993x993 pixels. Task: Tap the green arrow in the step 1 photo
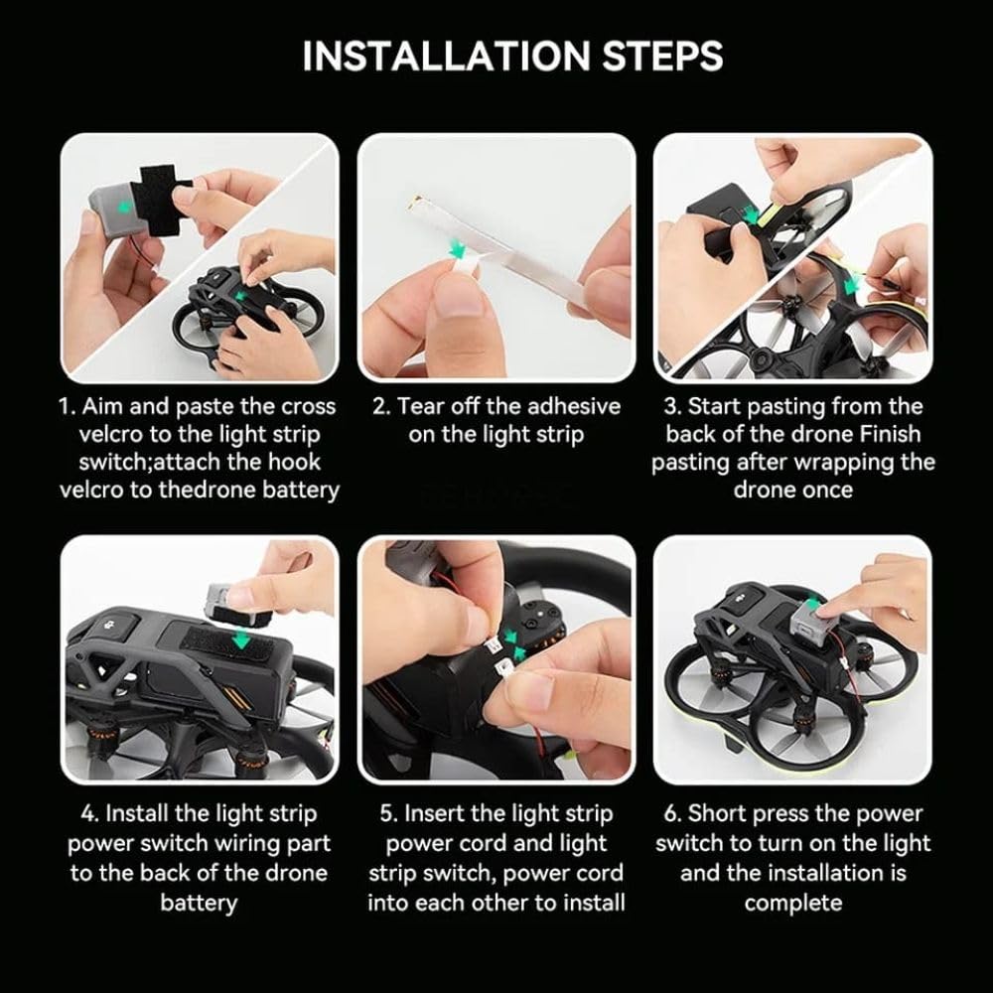(x=125, y=206)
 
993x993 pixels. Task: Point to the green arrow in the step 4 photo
(x=240, y=640)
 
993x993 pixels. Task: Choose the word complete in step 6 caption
(x=792, y=903)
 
